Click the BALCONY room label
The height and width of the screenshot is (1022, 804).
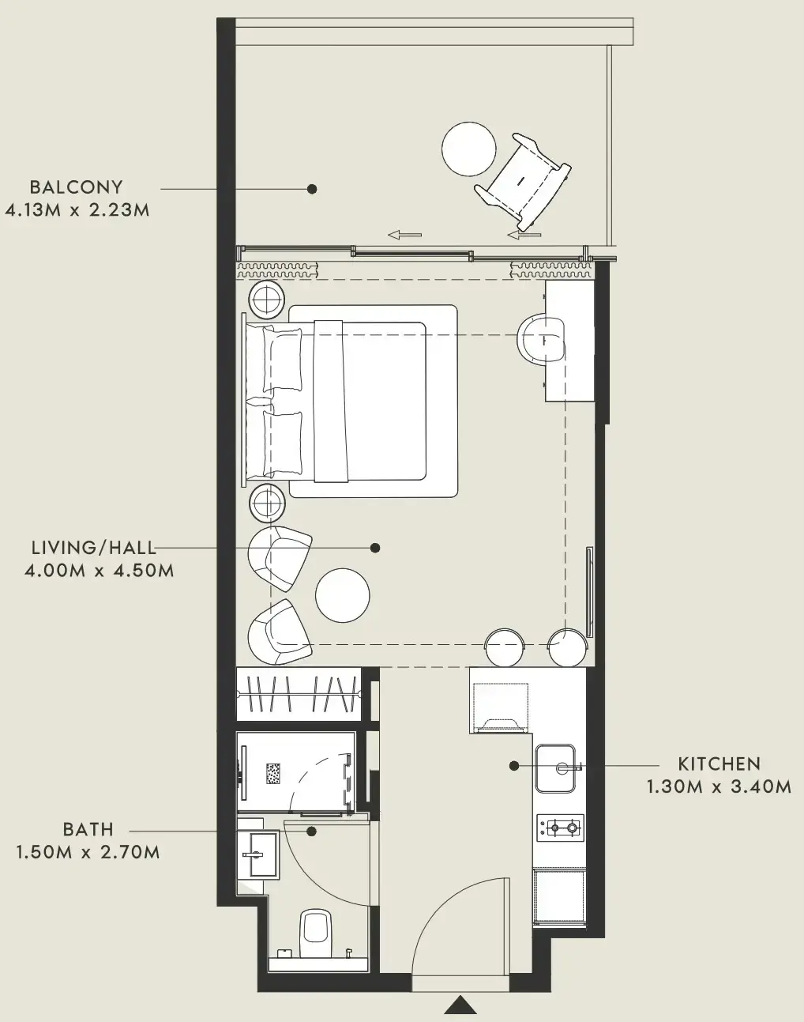77,187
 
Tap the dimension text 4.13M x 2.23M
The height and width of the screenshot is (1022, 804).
77,210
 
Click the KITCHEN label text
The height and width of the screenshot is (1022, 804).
719,764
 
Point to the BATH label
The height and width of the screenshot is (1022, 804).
88,830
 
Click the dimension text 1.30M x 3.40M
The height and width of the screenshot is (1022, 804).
719,787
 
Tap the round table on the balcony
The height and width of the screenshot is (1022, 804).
469,149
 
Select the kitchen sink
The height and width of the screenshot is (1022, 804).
558,767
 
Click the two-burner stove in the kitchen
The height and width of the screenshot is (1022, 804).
560,828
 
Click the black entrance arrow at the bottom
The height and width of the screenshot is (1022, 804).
460,1005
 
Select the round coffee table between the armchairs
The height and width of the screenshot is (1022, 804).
342,595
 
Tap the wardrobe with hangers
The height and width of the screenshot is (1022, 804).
299,694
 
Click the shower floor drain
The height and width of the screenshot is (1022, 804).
274,773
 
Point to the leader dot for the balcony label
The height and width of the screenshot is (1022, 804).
312,189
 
